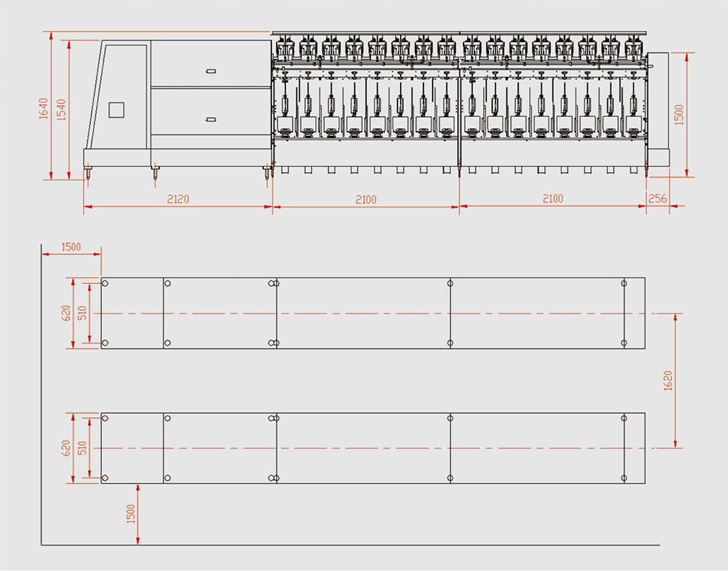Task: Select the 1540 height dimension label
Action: [x=61, y=109]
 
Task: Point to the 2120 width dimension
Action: [x=178, y=198]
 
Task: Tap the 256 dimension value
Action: [x=657, y=198]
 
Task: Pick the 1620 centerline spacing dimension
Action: [x=669, y=381]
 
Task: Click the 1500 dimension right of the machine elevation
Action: [x=679, y=115]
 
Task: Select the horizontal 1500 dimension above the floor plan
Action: [x=71, y=246]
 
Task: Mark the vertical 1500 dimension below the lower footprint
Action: [x=130, y=513]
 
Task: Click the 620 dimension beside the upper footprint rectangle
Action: [x=65, y=313]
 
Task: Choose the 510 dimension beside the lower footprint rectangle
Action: [x=82, y=448]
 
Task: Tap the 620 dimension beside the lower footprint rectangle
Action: [x=65, y=448]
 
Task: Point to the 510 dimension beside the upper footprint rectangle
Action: [x=82, y=313]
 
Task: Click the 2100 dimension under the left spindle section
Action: [x=366, y=199]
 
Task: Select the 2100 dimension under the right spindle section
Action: [x=552, y=198]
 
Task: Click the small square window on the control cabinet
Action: [x=117, y=110]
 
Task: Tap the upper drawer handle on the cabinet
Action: [x=211, y=71]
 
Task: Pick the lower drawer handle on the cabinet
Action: [x=211, y=120]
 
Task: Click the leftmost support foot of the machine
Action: [x=88, y=173]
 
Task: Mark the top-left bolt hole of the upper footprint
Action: [x=106, y=284]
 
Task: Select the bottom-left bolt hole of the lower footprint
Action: [x=106, y=478]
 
